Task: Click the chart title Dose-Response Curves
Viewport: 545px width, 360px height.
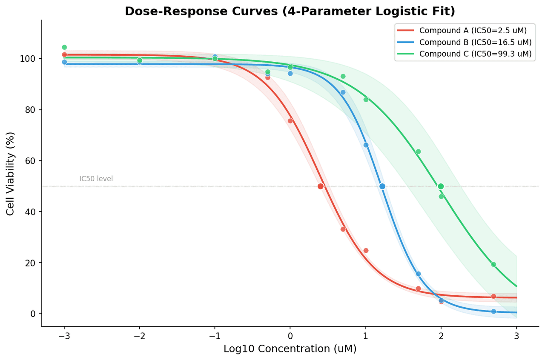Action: click(290, 11)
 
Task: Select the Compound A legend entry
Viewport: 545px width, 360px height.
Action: click(473, 31)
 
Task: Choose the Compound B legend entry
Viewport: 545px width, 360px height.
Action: click(475, 42)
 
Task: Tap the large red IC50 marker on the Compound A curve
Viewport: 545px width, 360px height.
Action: click(321, 186)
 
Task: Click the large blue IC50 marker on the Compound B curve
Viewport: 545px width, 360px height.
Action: click(382, 186)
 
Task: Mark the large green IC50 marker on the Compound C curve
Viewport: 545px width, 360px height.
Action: click(441, 186)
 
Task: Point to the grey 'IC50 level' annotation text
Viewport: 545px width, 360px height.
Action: click(96, 179)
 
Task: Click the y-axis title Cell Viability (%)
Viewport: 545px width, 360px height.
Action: click(11, 173)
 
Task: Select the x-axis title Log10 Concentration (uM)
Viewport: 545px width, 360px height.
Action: click(290, 349)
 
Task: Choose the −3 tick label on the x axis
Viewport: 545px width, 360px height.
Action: click(64, 336)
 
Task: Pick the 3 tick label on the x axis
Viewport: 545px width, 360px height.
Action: click(516, 336)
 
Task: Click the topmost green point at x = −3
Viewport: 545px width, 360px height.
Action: click(64, 47)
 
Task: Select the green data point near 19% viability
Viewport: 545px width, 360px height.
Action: click(493, 264)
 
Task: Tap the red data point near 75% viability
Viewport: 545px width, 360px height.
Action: click(290, 121)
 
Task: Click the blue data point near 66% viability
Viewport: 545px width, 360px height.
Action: click(366, 145)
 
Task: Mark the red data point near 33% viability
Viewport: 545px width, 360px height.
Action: click(343, 229)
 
